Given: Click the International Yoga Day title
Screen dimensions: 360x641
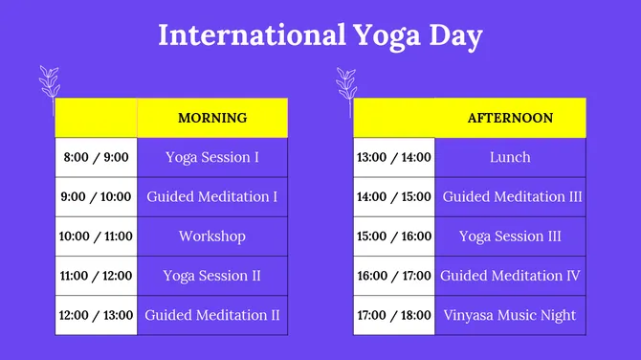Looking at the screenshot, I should point(320,35).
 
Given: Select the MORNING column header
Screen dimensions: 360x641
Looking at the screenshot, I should point(212,118).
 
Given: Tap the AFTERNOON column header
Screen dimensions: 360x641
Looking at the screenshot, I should point(510,118).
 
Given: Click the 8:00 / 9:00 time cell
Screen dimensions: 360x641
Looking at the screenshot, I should point(96,157).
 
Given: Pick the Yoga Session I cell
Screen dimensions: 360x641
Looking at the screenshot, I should point(212,157).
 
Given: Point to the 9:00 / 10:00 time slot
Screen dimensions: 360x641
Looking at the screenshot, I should point(96,197).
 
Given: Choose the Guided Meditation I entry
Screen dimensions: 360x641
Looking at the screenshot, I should point(212,197).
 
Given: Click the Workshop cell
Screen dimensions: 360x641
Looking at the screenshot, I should point(212,236).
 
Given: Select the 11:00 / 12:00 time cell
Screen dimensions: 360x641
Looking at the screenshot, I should point(96,276).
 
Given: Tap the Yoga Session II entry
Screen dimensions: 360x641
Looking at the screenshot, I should point(212,276).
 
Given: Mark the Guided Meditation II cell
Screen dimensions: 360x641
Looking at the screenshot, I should point(212,315).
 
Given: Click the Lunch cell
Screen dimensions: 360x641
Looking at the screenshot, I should point(510,157).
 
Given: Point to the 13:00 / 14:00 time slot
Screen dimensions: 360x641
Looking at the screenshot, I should point(393,157).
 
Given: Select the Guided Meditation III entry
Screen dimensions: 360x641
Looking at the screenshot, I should point(512,197).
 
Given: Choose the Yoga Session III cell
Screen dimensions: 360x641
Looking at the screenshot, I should point(510,236).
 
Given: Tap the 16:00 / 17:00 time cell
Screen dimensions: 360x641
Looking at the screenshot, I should point(393,276).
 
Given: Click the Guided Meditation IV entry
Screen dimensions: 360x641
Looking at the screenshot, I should point(511,276).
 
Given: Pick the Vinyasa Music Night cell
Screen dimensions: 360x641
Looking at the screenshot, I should point(510,315).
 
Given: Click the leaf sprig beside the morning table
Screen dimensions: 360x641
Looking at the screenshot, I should point(48,88).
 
